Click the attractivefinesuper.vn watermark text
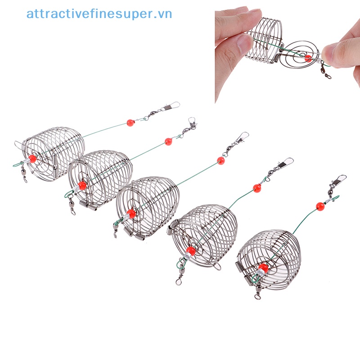99,14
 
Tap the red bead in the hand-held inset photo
308,58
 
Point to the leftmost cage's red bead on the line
130,122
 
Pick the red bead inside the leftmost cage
32,159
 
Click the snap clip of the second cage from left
192,124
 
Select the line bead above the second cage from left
168,141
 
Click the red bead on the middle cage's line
220,160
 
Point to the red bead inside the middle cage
131,213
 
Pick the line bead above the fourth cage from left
257,188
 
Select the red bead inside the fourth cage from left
190,250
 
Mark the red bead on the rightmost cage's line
320,207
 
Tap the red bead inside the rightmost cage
263,269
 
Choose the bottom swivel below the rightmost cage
257,294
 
